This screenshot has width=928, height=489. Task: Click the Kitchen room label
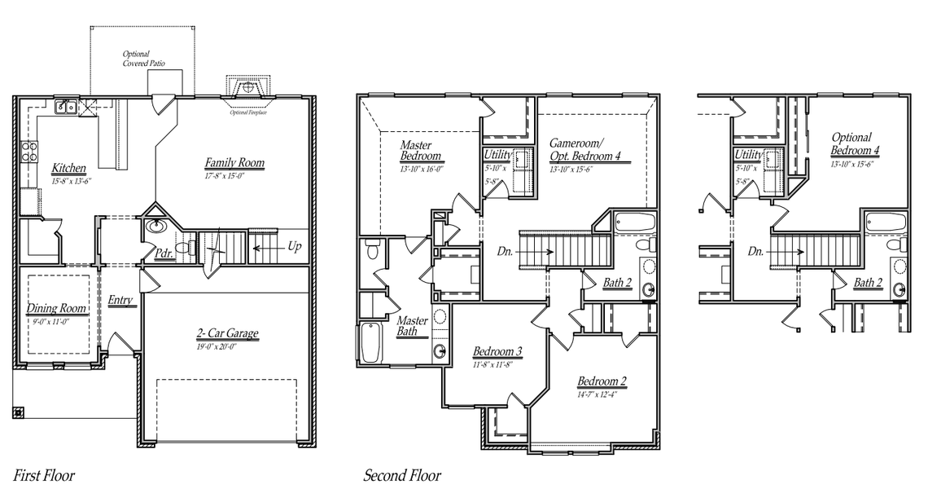point(68,168)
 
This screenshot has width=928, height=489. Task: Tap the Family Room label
point(234,163)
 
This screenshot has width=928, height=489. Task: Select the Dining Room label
point(56,309)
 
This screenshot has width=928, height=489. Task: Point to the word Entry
point(120,301)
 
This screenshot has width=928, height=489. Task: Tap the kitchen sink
point(66,107)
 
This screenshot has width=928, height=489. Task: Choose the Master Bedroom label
point(420,151)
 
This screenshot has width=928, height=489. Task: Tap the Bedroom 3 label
point(497,351)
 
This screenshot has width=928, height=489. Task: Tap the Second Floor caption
point(402,474)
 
